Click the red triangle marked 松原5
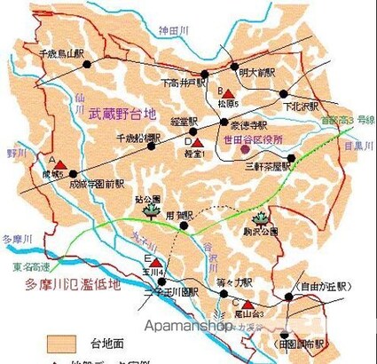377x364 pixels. (228, 92)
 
